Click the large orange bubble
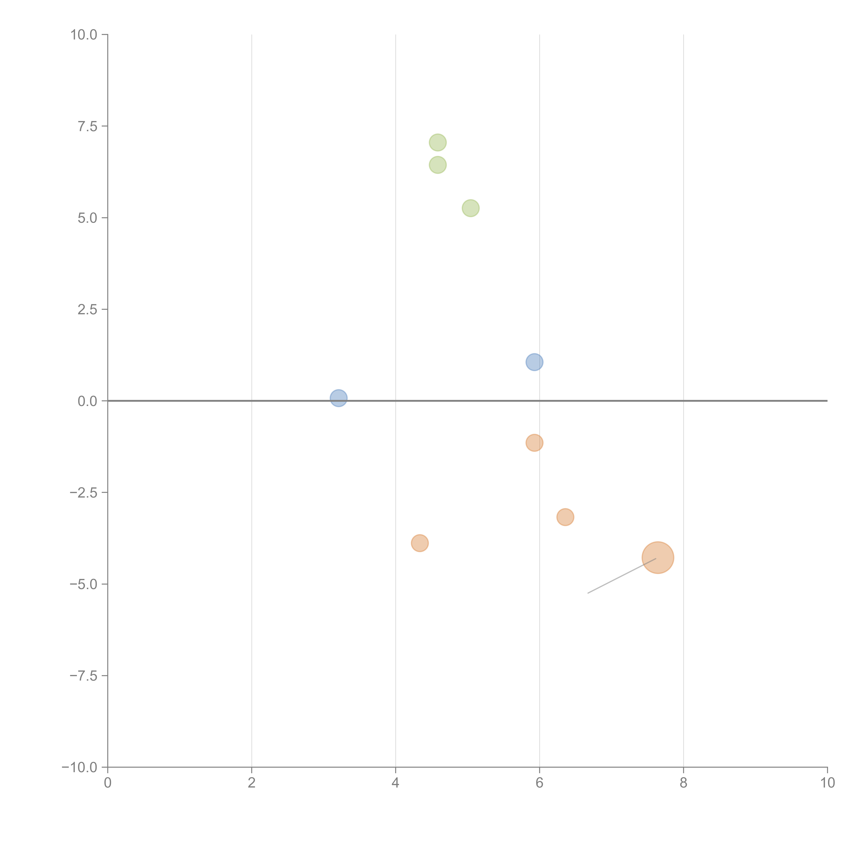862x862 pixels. coord(657,557)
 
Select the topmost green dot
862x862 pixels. coord(438,143)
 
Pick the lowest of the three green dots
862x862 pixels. coord(470,208)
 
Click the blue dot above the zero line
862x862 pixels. coord(534,362)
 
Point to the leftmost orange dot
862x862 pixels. coord(419,543)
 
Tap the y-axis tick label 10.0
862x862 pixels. coord(84,35)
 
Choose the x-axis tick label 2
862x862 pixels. coord(252,783)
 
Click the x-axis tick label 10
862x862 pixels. coord(827,783)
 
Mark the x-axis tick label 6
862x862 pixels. coord(539,783)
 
